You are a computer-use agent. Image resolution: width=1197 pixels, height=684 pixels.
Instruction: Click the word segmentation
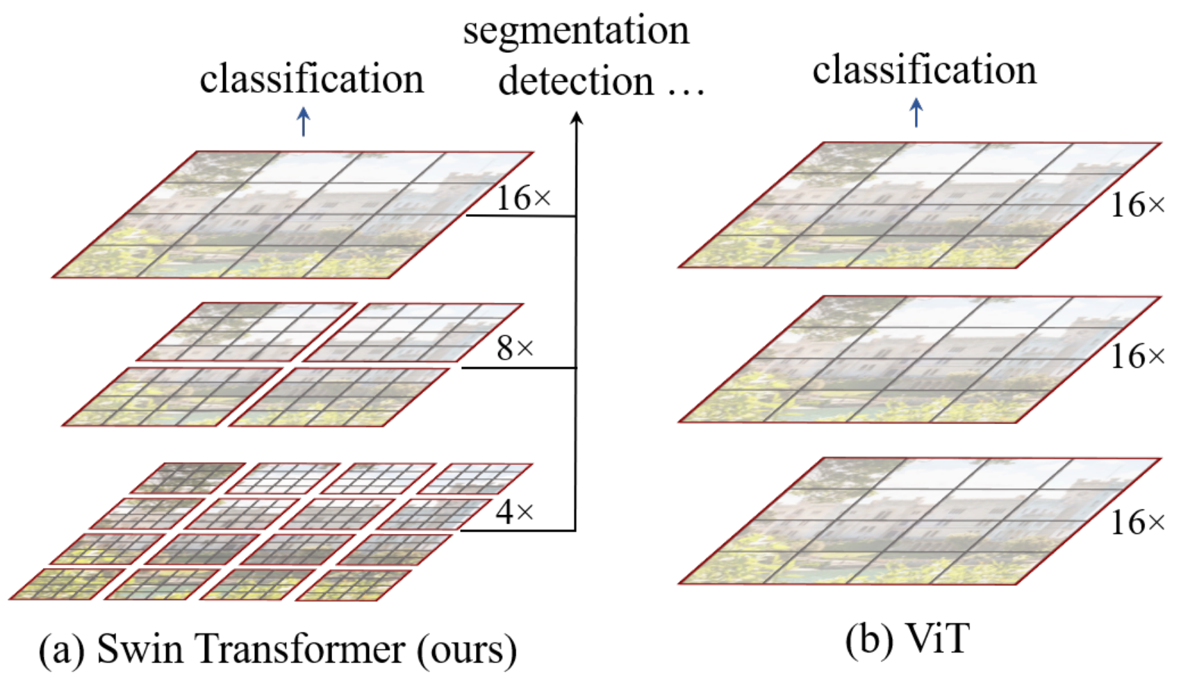[x=576, y=31]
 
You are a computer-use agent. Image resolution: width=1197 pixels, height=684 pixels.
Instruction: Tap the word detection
[x=576, y=82]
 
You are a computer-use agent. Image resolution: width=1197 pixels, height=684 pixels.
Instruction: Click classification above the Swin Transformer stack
[x=311, y=78]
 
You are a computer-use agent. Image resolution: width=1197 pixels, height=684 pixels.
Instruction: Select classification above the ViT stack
[x=924, y=70]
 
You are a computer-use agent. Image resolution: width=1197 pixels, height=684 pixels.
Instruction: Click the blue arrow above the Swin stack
[x=303, y=122]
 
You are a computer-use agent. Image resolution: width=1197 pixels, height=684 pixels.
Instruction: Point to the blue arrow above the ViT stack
[x=916, y=113]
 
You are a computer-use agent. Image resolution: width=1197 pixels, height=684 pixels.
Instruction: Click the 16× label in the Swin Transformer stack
[x=523, y=199]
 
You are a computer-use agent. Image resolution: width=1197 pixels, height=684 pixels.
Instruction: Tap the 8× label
[x=515, y=348]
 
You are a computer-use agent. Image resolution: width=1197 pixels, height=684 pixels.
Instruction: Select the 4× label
[x=515, y=512]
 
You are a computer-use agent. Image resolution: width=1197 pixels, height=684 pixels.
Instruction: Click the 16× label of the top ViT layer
[x=1137, y=205]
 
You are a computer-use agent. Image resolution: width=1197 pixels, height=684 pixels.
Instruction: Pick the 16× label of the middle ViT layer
[x=1137, y=357]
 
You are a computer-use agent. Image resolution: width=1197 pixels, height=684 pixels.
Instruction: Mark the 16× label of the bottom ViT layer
[x=1137, y=523]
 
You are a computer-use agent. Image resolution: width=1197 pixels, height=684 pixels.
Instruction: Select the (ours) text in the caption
[x=467, y=651]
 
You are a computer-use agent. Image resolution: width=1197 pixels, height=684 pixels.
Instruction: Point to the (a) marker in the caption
[x=61, y=651]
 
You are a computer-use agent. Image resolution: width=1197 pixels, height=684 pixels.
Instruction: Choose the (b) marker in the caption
[x=869, y=640]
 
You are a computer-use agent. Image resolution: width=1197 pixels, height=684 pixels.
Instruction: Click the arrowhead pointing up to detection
[x=576, y=119]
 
